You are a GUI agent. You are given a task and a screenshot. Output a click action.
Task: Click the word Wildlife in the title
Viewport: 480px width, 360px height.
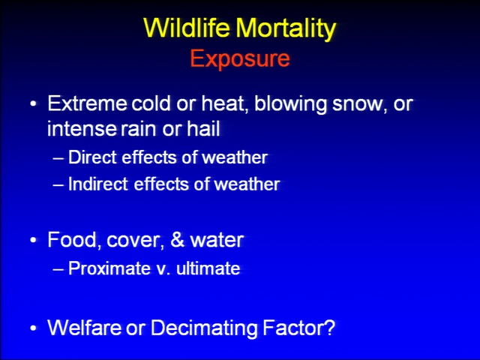pos(187,28)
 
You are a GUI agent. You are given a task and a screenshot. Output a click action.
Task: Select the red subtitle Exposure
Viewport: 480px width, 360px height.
pos(240,58)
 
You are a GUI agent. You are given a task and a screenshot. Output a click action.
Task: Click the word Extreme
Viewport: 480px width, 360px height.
pos(87,103)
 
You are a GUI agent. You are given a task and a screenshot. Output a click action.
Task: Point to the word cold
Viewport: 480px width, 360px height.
pos(151,103)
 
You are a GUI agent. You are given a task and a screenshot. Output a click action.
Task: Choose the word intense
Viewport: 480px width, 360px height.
pos(82,128)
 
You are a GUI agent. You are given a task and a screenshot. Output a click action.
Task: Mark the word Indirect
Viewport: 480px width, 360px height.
pos(98,184)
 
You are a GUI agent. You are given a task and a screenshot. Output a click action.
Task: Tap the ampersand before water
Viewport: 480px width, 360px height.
pos(177,240)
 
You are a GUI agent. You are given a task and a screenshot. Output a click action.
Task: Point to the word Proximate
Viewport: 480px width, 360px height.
pos(109,268)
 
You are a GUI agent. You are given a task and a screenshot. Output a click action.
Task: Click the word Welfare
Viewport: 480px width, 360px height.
pos(84,328)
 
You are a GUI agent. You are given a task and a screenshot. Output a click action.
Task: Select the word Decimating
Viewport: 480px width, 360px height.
pos(204,328)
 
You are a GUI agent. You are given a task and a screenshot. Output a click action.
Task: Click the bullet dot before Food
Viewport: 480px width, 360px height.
pos(33,240)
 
